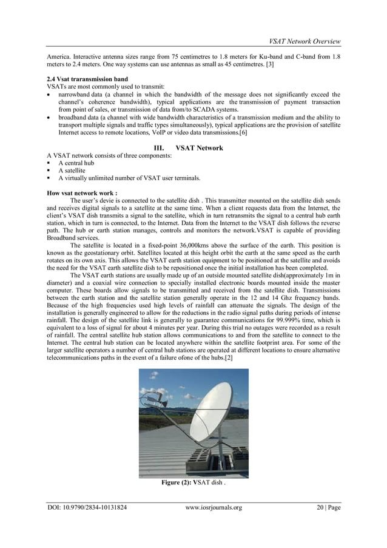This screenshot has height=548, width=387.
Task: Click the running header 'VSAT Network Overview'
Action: coord(305,41)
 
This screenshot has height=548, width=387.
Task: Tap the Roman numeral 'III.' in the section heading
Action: coord(162,147)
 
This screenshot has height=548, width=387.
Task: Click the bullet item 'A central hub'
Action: coord(76,163)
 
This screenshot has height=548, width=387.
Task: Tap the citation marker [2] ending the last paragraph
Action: coord(228,357)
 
